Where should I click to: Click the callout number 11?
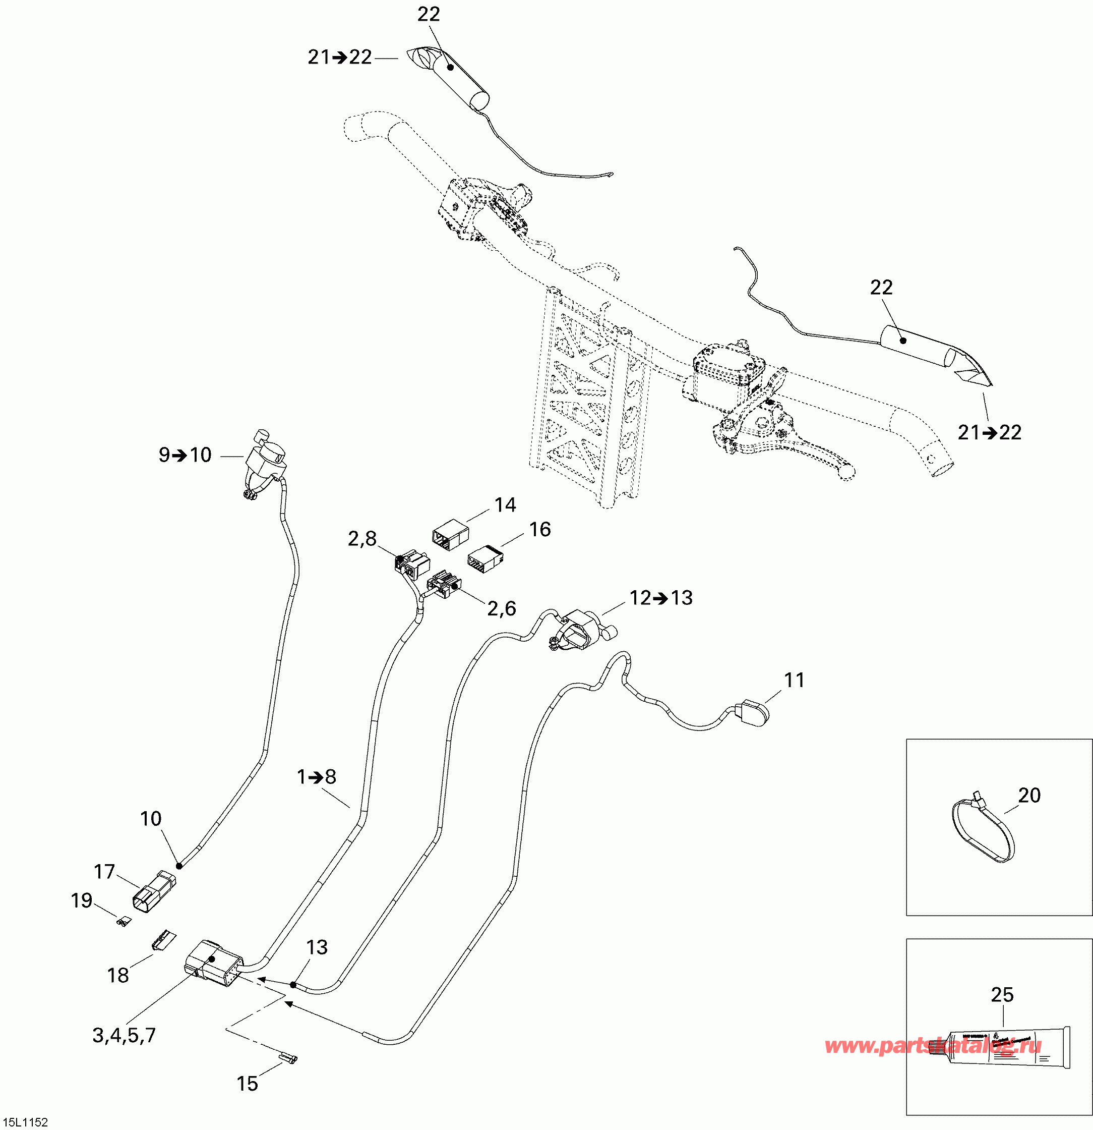(x=794, y=681)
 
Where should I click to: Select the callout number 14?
(x=505, y=505)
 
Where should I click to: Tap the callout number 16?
(x=540, y=529)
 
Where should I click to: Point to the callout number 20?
(x=1029, y=796)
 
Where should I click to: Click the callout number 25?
(x=1002, y=994)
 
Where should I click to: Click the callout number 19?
(x=81, y=900)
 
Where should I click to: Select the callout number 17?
(x=104, y=872)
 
